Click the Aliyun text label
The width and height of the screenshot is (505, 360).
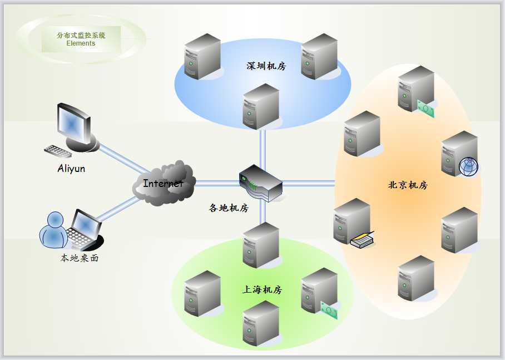[x=71, y=168]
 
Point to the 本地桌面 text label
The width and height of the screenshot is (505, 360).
[x=80, y=258]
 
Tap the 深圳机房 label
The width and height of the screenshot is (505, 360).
[x=266, y=66]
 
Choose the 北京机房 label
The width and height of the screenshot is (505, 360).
[x=408, y=185]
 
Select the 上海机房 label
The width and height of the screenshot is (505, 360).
[x=263, y=290]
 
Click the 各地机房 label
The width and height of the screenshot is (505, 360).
[x=229, y=208]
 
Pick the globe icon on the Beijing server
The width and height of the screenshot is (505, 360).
[x=468, y=166]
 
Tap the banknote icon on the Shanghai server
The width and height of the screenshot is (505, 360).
[x=329, y=310]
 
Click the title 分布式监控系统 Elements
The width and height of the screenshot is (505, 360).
[x=81, y=39]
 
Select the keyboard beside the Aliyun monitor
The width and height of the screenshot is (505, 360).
[x=58, y=151]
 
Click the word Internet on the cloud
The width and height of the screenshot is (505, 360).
[x=163, y=183]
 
